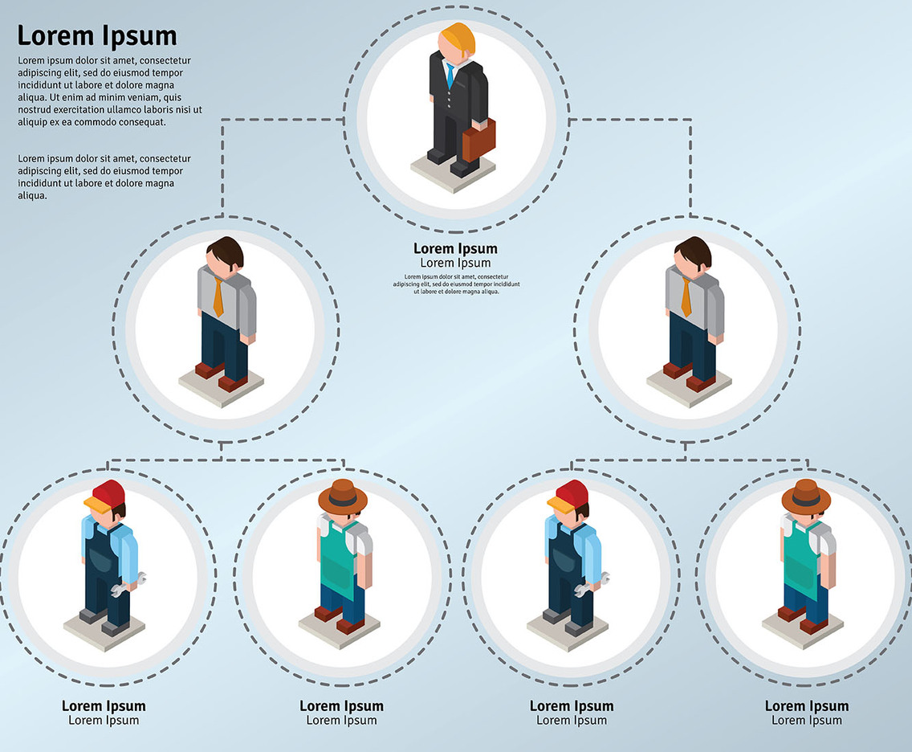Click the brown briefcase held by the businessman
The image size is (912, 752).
(479, 140)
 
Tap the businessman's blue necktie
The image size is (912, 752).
(450, 76)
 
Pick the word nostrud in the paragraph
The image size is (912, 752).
(35, 109)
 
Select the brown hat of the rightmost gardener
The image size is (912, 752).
(806, 496)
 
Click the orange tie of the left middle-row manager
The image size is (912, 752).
(218, 296)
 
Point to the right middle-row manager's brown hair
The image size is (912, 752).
(694, 250)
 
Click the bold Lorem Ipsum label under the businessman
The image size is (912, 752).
(455, 249)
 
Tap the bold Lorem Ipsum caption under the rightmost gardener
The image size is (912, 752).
(806, 706)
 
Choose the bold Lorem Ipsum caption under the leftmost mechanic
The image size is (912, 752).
(104, 706)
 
